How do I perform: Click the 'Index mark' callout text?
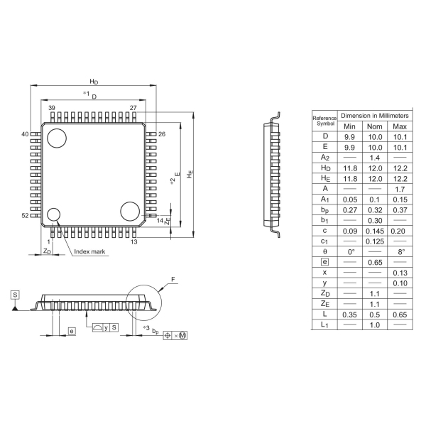[89, 251]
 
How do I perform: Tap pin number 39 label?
[52, 108]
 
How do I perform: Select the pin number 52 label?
[25, 215]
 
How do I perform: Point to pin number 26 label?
[162, 134]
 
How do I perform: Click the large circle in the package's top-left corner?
[57, 138]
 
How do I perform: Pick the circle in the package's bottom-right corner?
[130, 212]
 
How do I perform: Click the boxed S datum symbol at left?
[15, 295]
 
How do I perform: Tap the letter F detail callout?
[173, 279]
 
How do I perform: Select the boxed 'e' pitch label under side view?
[72, 331]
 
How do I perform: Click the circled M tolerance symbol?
[183, 336]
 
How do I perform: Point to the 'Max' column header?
[400, 126]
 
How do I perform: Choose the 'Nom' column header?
[375, 126]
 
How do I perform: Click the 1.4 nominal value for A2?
[375, 158]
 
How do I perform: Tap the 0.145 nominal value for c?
[375, 231]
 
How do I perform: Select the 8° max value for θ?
[401, 252]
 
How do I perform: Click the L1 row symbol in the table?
[324, 324]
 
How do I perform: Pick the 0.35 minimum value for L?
[349, 315]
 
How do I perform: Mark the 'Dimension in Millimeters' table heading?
[375, 116]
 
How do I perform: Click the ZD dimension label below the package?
[47, 251]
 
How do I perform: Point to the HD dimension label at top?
[94, 82]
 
